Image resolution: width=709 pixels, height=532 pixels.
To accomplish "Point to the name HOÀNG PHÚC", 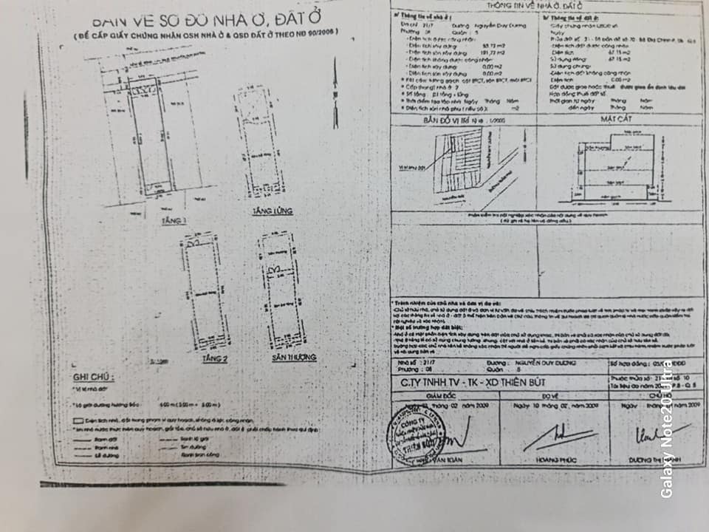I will point(547,467).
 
